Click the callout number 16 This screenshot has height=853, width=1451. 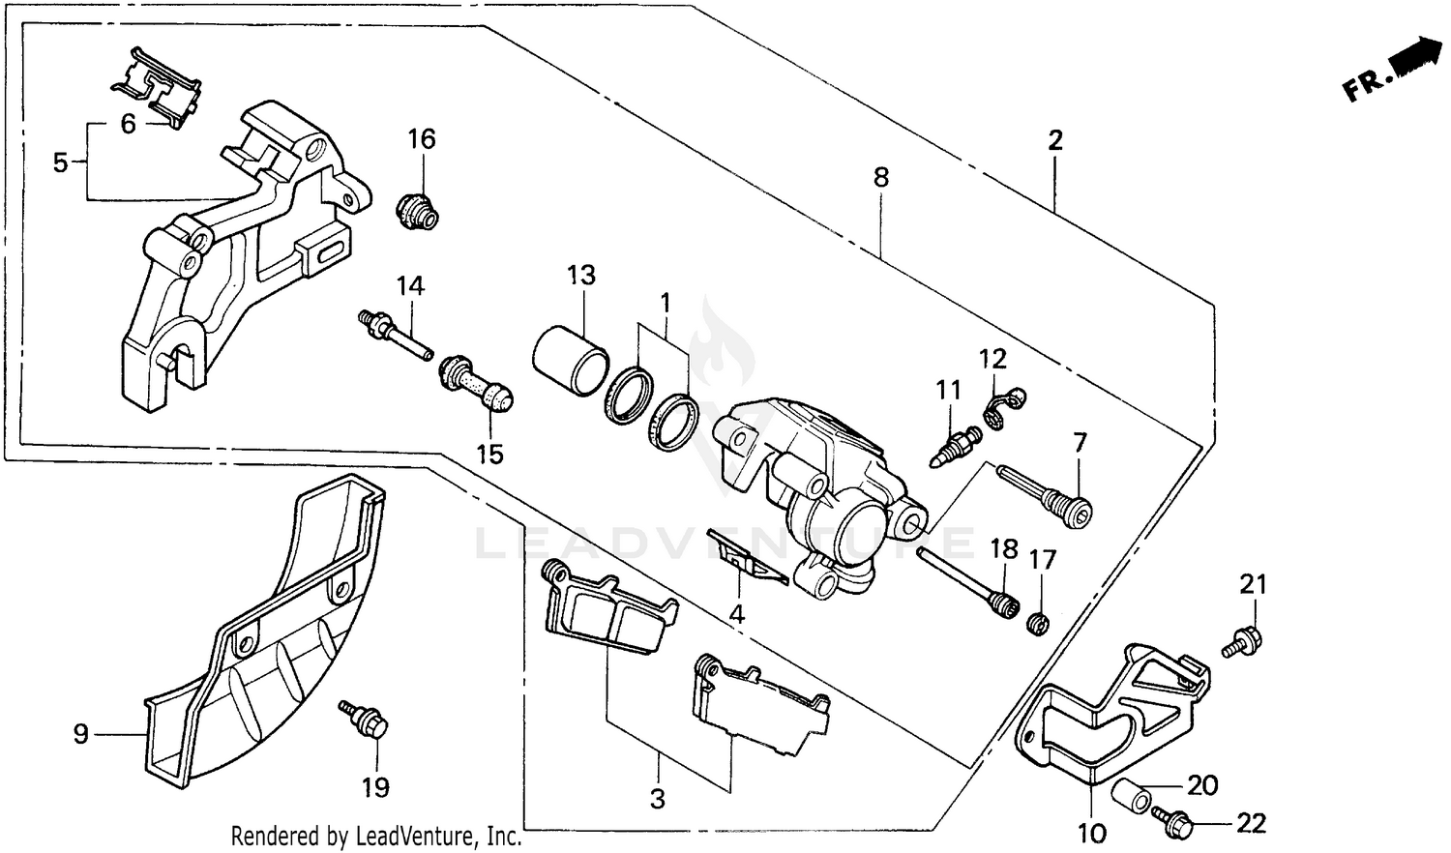pyautogui.click(x=422, y=139)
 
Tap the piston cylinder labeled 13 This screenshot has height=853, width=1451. pyautogui.click(x=571, y=361)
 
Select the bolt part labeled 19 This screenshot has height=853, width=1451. pyautogui.click(x=366, y=720)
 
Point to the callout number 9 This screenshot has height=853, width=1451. pyautogui.click(x=81, y=735)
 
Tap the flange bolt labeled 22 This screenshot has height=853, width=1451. pyautogui.click(x=1174, y=823)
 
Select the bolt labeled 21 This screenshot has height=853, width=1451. pyautogui.click(x=1240, y=641)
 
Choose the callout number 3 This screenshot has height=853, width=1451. pyautogui.click(x=658, y=800)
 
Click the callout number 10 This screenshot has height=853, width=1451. pyautogui.click(x=1090, y=832)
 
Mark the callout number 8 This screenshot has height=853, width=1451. pyautogui.click(x=880, y=178)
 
